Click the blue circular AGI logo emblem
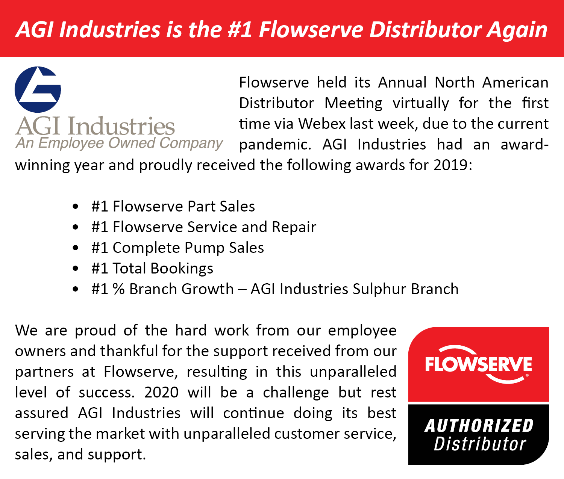38,89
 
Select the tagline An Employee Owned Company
119,144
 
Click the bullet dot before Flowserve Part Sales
76,206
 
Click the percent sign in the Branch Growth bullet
119,289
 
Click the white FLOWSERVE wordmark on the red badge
478,364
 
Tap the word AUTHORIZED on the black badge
479,426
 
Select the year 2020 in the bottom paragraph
161,393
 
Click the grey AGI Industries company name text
95,126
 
